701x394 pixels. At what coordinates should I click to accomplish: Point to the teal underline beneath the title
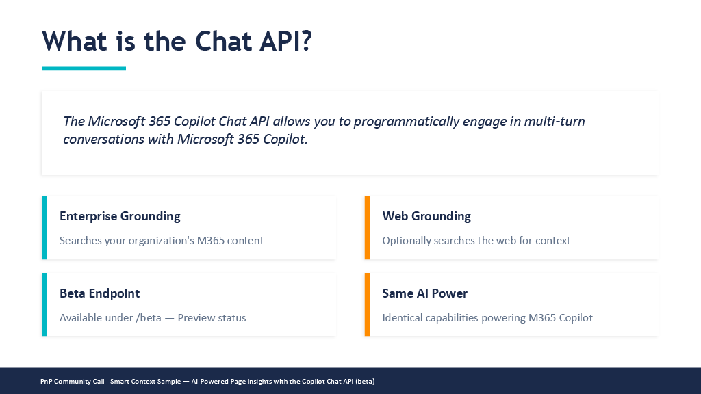tap(84, 68)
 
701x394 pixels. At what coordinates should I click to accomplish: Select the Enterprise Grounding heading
tap(120, 216)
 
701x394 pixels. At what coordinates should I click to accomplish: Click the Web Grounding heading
tap(426, 216)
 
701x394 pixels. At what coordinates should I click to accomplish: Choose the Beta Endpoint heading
tap(100, 293)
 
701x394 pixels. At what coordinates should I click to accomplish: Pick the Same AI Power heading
tap(424, 293)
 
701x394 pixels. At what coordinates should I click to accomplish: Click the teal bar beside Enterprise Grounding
tap(44, 227)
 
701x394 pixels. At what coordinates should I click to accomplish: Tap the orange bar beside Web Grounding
tap(367, 227)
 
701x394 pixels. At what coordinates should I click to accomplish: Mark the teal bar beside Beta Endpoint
tap(44, 304)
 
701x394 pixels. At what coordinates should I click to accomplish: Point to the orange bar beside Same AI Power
tap(367, 304)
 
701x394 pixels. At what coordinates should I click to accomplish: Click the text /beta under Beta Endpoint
tap(149, 318)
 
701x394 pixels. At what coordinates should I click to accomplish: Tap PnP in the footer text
tap(46, 382)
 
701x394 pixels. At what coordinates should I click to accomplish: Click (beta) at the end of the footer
tap(365, 382)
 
